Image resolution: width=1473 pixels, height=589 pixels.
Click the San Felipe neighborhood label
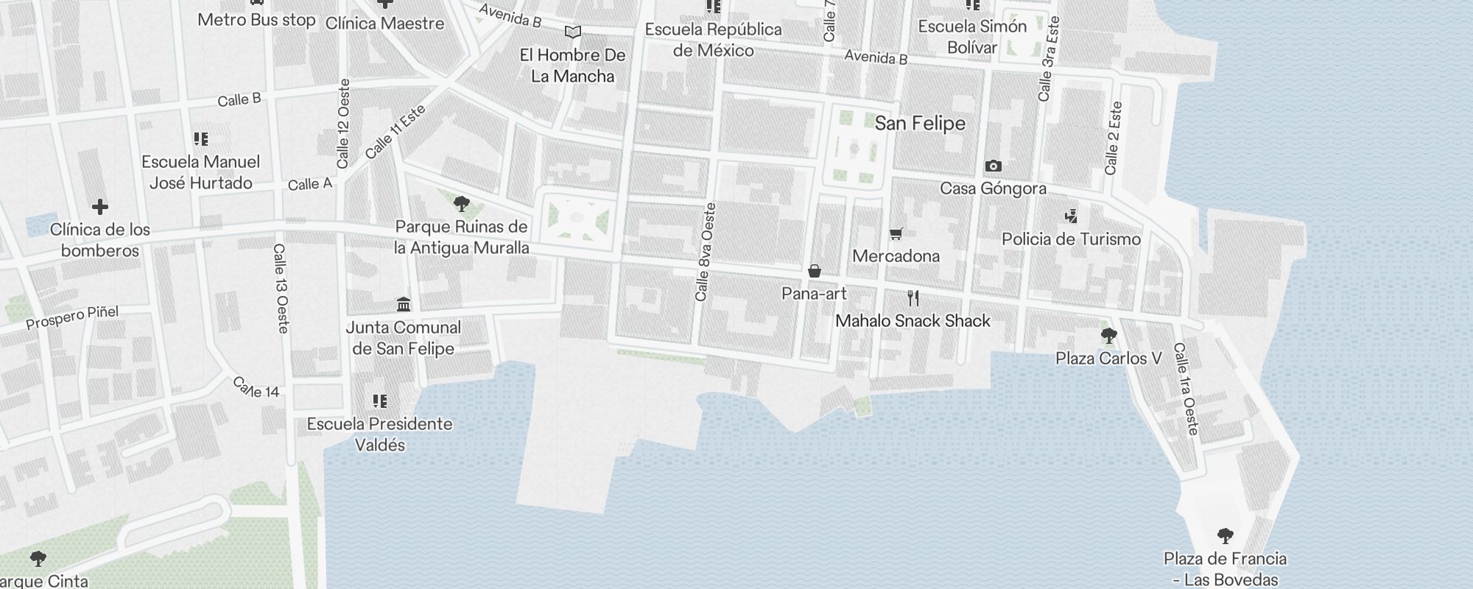920,123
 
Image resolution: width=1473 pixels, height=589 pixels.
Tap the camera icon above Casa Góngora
993,166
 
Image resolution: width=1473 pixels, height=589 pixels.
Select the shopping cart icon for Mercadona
896,234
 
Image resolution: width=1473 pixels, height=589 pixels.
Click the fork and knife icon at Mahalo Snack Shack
913,298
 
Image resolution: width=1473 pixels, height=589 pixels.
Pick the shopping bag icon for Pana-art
814,272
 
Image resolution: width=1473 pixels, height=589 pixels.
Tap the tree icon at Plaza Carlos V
1108,336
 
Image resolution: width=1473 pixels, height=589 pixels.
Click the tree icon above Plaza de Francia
1225,536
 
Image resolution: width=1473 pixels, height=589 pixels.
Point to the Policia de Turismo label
1071,239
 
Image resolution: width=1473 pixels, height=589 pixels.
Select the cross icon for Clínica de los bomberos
100,208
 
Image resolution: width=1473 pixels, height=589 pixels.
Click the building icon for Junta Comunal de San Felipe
404,305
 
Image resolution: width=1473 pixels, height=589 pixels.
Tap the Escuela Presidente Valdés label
379,434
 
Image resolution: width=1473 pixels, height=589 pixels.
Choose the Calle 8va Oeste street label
705,252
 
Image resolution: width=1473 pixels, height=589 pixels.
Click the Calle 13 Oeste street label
281,289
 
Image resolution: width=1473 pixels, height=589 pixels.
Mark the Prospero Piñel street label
72,317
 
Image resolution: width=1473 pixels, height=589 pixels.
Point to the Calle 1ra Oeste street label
1186,388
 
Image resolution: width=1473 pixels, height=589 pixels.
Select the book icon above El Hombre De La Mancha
572,32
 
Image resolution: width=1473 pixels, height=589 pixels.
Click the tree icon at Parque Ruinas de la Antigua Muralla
462,204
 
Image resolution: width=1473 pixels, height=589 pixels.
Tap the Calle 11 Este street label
396,132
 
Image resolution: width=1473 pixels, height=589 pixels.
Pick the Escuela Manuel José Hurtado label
201,172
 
